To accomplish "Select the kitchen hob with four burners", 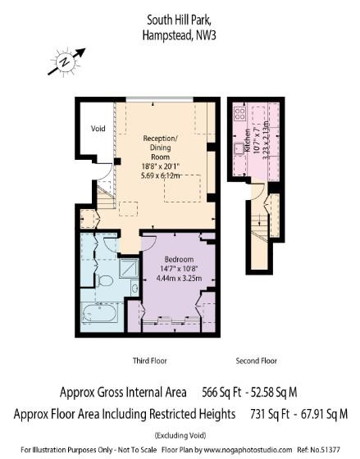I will tap(241, 111).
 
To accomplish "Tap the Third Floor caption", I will tap(150, 361).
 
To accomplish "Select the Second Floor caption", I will tap(257, 361).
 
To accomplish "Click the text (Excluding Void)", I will tap(181, 434).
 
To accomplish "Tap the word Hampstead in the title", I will tap(164, 34).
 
